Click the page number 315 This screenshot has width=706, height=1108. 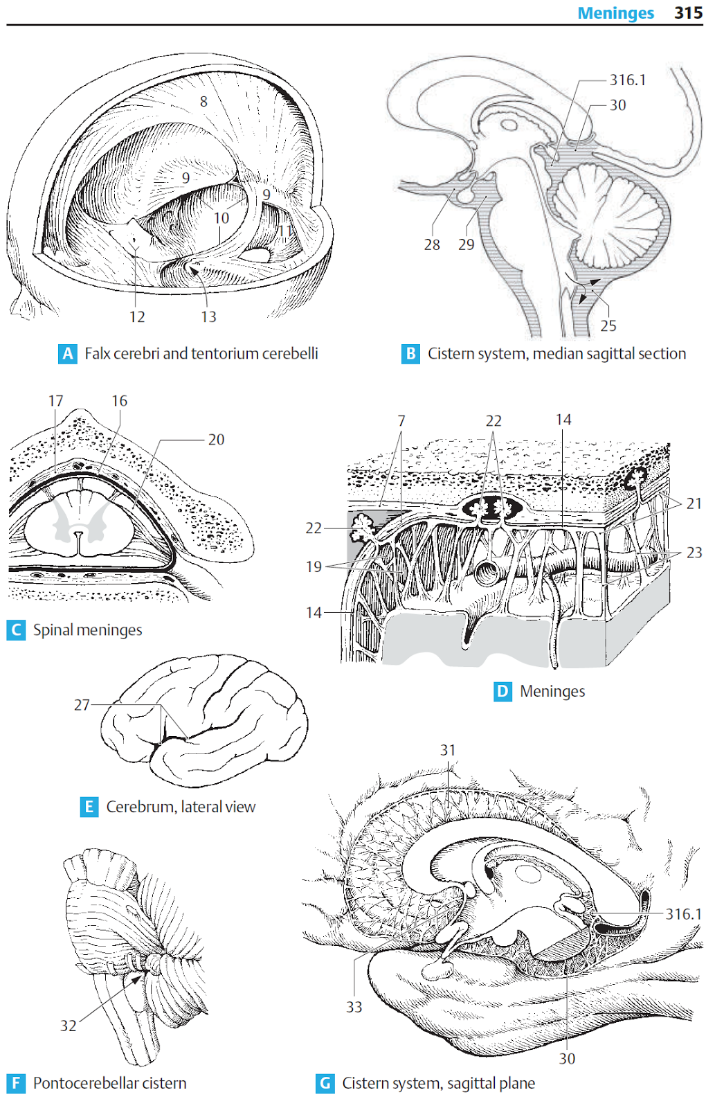(x=688, y=13)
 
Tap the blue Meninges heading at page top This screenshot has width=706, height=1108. (x=615, y=13)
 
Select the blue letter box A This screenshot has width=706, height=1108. (x=67, y=354)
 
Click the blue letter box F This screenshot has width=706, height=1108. (x=16, y=1083)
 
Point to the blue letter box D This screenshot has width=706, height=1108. (x=503, y=691)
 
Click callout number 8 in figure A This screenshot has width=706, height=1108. (x=203, y=102)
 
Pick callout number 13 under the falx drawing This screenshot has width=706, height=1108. (x=208, y=317)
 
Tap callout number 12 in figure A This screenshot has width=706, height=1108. (x=137, y=317)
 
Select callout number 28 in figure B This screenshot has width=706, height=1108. (x=432, y=244)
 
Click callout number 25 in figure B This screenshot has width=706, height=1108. (x=608, y=325)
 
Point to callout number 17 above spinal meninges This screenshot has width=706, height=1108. (x=55, y=401)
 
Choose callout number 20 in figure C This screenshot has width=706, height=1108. (x=216, y=440)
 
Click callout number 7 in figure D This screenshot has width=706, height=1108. (x=401, y=421)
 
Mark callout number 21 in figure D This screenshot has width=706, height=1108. (x=694, y=503)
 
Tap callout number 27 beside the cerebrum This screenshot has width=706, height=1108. (x=82, y=705)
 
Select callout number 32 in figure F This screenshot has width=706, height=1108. (x=68, y=1026)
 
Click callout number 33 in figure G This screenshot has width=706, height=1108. (x=354, y=1007)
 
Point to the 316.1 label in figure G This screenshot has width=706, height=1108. (x=683, y=914)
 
